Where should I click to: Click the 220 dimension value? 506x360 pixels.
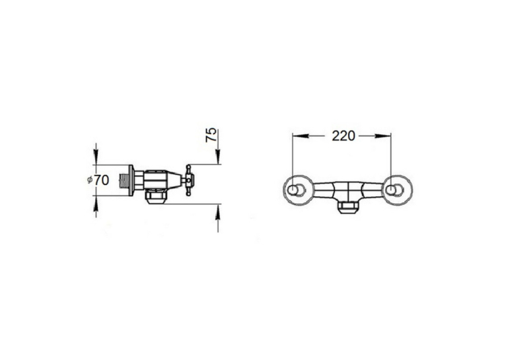[343, 136]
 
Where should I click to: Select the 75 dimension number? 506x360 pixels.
[211, 135]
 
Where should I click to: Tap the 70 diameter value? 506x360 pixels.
[101, 180]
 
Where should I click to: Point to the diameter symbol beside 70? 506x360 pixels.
[90, 180]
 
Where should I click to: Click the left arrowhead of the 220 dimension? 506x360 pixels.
[300, 136]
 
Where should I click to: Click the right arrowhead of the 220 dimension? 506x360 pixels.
[383, 136]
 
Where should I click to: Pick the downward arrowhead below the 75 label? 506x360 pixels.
[218, 157]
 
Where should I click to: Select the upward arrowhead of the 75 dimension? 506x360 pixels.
[218, 211]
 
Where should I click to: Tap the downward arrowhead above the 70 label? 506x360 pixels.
[96, 157]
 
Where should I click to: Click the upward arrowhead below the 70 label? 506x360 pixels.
[96, 203]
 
